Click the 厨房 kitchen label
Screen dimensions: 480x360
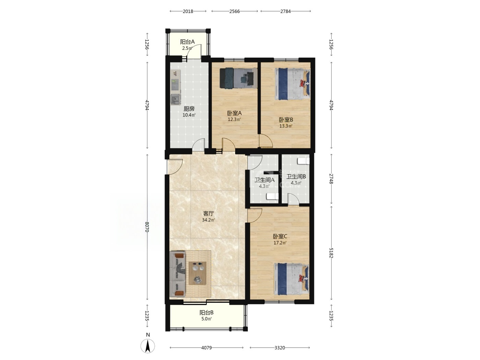tap(189, 109)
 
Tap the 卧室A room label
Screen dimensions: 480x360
tap(234, 113)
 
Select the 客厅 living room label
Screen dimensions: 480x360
tap(208, 214)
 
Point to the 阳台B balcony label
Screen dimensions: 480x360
tap(206, 313)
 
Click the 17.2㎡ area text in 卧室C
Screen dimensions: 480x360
tap(280, 243)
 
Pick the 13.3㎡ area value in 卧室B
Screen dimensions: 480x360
tap(286, 126)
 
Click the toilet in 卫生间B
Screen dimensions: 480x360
tap(303, 161)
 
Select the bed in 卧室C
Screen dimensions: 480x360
tap(291, 279)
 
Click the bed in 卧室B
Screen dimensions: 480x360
tap(292, 84)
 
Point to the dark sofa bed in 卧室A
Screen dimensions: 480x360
tap(238, 78)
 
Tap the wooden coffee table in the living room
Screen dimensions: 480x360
tap(197, 273)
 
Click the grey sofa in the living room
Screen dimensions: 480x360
tap(177, 274)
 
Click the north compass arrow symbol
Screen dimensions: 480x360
tap(148, 346)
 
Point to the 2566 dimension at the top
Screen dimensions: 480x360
tap(235, 11)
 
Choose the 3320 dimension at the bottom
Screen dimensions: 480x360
tap(280, 348)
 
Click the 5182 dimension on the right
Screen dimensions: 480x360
tap(331, 253)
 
